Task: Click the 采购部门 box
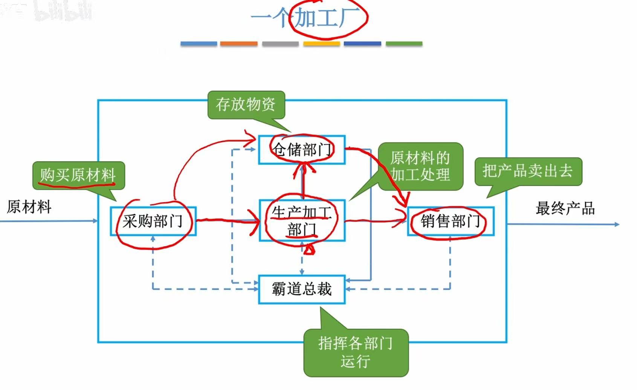pyautogui.click(x=153, y=221)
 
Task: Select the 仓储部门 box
pyautogui.click(x=302, y=150)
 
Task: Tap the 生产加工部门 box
pyautogui.click(x=302, y=221)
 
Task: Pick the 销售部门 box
pyautogui.click(x=451, y=221)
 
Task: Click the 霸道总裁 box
pyautogui.click(x=302, y=289)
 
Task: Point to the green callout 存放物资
pyautogui.click(x=246, y=104)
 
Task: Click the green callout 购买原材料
pyautogui.click(x=78, y=175)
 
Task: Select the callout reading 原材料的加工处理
pyautogui.click(x=420, y=166)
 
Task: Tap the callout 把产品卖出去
pyautogui.click(x=528, y=171)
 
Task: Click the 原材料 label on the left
pyautogui.click(x=29, y=207)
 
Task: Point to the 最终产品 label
pyautogui.click(x=565, y=208)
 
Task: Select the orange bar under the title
pyautogui.click(x=239, y=44)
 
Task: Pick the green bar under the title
pyautogui.click(x=404, y=44)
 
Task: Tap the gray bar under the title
pyautogui.click(x=280, y=44)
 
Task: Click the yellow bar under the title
pyautogui.click(x=321, y=44)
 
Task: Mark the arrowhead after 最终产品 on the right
pyautogui.click(x=617, y=224)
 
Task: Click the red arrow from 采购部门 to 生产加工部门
pyautogui.click(x=226, y=220)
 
